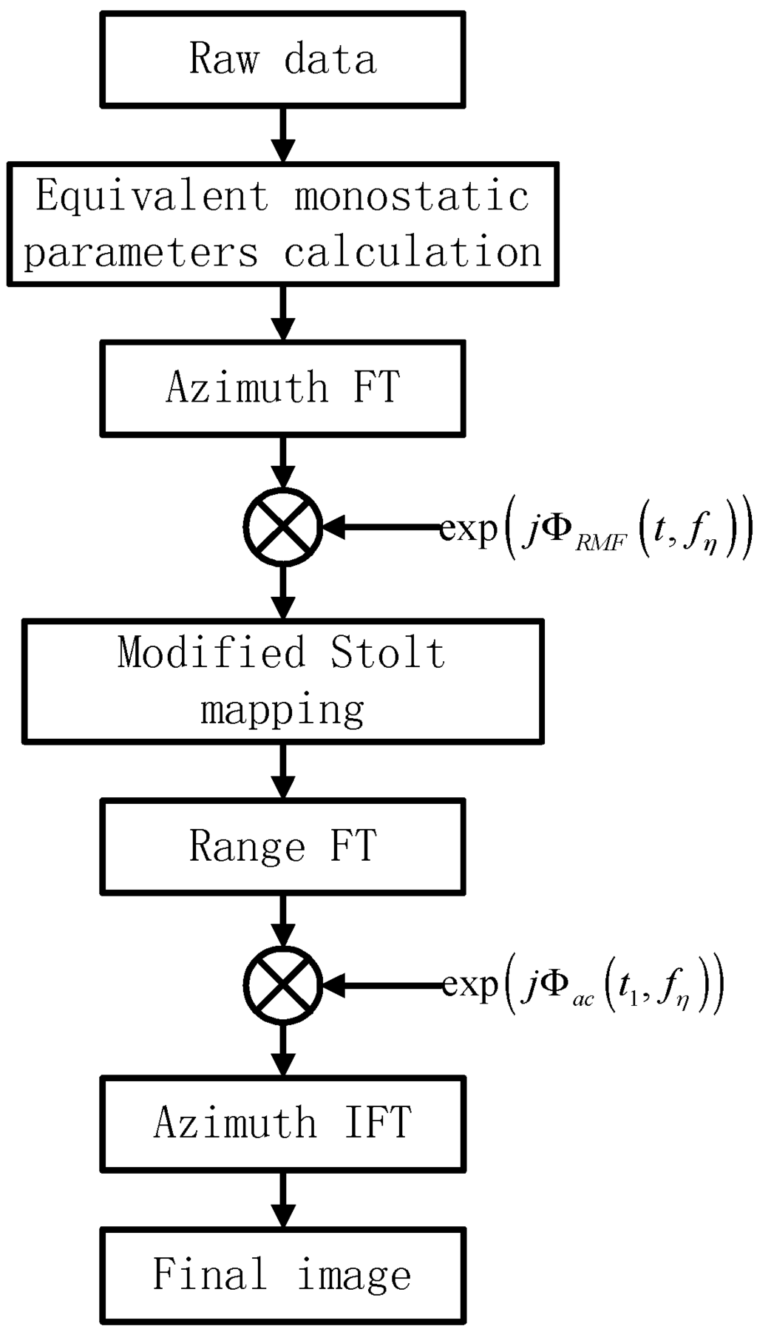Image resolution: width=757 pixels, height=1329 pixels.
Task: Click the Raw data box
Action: pos(282,60)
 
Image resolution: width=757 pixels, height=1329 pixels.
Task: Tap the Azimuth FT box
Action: pos(282,388)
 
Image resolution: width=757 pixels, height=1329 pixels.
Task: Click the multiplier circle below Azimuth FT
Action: pos(283,527)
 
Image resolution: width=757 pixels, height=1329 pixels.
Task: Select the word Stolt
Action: pos(387,653)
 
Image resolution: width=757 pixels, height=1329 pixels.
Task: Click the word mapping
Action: pos(282,710)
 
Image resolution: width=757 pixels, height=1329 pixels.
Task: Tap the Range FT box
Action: pos(282,845)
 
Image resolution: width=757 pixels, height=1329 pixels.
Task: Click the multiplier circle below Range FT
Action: pos(283,985)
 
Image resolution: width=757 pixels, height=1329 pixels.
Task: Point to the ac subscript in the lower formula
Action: pos(583,1001)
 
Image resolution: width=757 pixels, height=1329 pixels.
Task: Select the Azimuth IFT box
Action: pos(282,1122)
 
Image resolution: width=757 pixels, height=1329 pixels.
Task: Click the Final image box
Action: pos(282,1275)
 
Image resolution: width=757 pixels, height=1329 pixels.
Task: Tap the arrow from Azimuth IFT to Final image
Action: pos(283,1198)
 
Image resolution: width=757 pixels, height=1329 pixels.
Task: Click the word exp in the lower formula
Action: pos(469,986)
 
